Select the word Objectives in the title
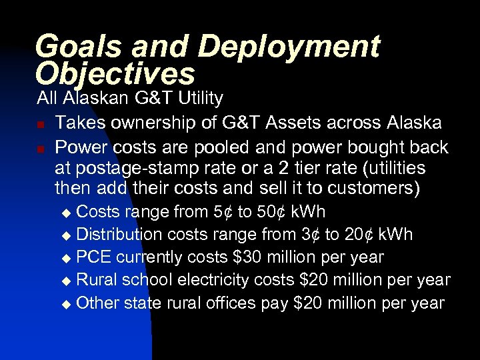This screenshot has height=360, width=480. pos(115,73)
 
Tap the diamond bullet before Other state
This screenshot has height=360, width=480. pos(65,304)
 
